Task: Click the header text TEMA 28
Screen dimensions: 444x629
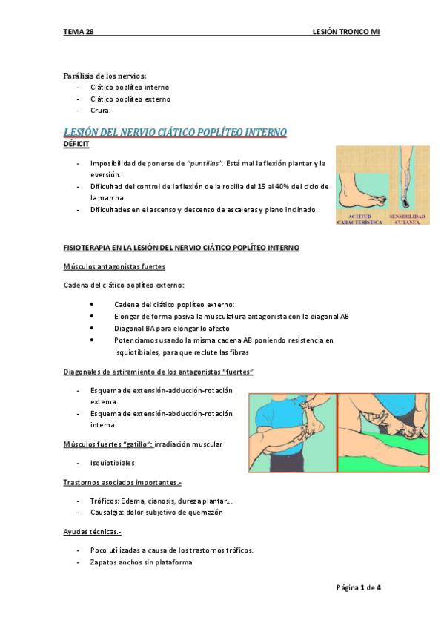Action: point(79,33)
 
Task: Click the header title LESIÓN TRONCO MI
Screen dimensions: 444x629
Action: point(347,33)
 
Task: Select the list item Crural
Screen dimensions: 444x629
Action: point(101,111)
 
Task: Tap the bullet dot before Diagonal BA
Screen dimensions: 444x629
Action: point(90,328)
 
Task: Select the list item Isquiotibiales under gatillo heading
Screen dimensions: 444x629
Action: point(112,462)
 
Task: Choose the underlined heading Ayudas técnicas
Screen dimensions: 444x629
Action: point(93,532)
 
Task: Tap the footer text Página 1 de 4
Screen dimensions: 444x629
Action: point(359,587)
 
